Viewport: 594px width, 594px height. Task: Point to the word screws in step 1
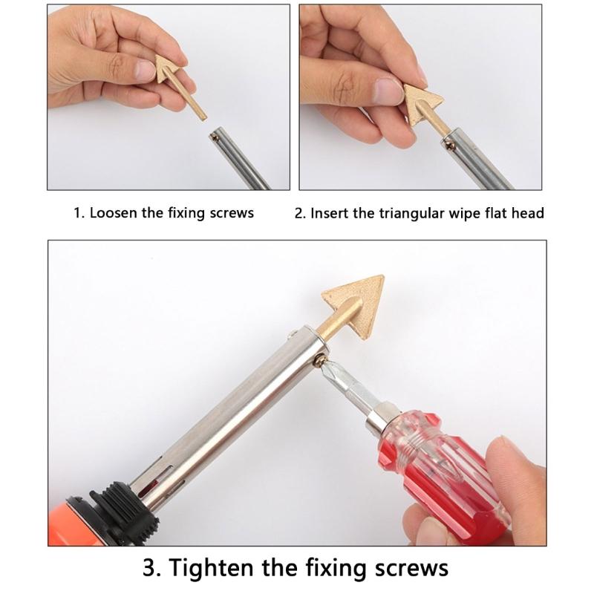click(x=231, y=213)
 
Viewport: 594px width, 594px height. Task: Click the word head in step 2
click(x=528, y=213)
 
